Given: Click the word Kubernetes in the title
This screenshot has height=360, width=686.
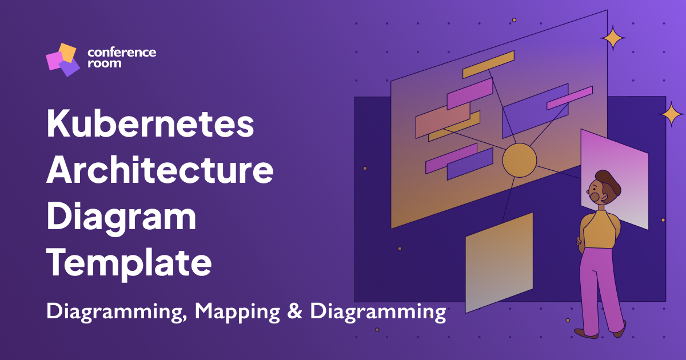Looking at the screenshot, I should click(x=150, y=125).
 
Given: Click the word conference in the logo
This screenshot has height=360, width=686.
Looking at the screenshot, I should click(x=121, y=53).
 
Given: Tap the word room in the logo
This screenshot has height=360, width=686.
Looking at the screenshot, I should click(x=104, y=64).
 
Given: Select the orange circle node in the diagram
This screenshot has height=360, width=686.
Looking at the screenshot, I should click(x=519, y=159).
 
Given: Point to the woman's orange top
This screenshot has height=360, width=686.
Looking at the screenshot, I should click(x=599, y=229).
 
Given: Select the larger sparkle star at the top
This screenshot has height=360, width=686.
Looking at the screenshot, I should click(x=613, y=38).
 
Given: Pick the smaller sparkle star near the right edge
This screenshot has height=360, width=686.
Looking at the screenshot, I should click(x=672, y=114).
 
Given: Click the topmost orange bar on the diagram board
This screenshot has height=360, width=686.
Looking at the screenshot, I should click(x=488, y=65).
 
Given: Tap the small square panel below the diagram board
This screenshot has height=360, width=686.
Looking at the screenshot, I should click(x=498, y=263).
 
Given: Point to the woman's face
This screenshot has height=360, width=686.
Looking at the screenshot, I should click(x=597, y=192).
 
